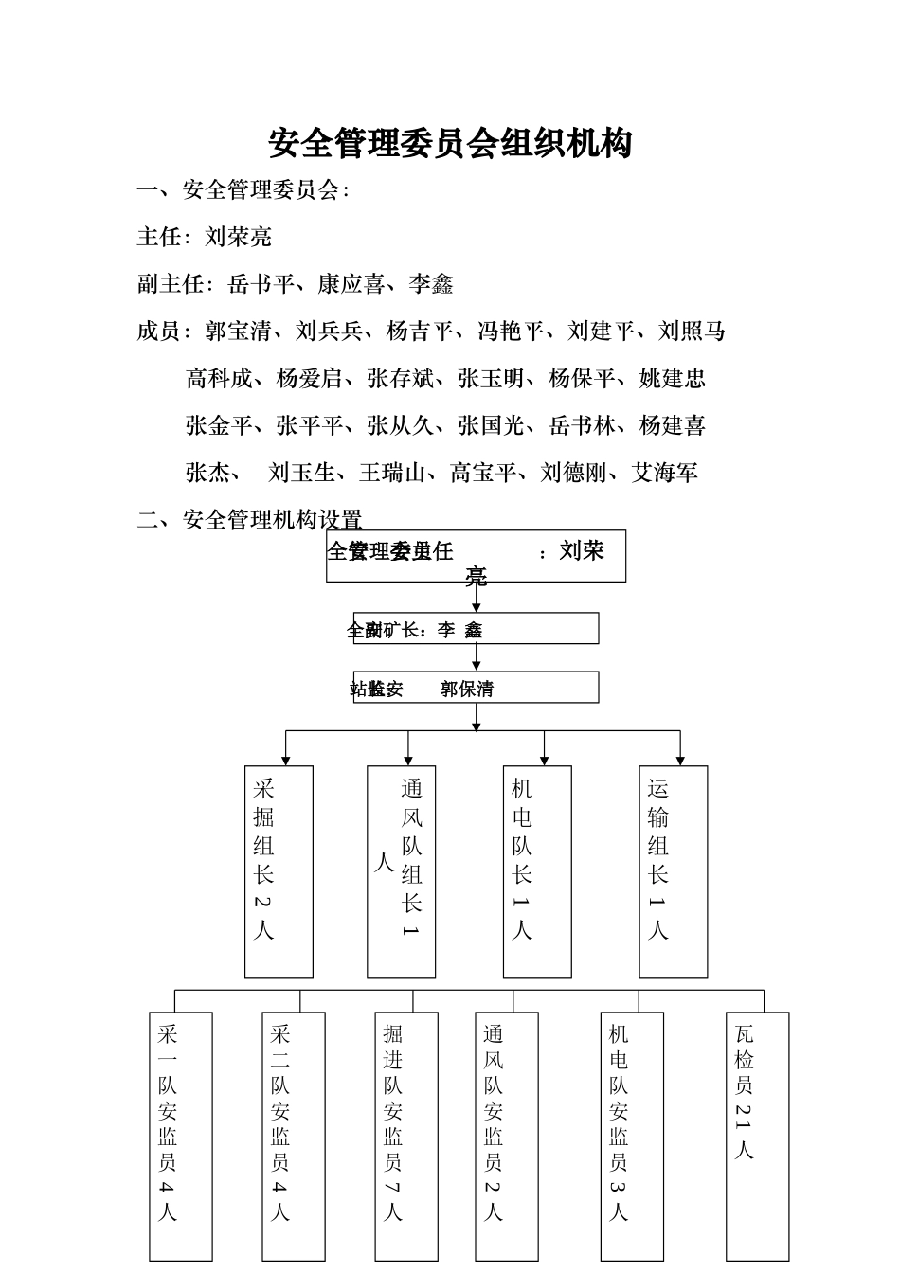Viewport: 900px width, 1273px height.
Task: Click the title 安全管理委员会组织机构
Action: pos(450,144)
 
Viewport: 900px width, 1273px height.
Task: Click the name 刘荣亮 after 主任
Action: pos(239,237)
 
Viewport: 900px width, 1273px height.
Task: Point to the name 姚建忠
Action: pos(673,379)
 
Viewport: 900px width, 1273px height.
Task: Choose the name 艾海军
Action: pos(665,473)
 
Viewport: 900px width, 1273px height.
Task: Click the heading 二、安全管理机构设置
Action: pos(250,520)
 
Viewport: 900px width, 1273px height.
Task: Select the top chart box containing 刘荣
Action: pos(476,556)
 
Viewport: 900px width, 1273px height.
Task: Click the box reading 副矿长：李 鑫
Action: pos(476,629)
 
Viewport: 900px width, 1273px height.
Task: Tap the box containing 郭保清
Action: pos(476,688)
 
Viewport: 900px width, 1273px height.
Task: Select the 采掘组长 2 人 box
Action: pos(279,871)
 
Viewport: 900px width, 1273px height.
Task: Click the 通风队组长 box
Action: pos(402,871)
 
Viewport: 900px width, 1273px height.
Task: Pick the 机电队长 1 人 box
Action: pos(537,871)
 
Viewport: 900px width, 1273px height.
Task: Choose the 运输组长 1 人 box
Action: pos(673,871)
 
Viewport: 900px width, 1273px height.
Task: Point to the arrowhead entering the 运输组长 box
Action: pos(680,760)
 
